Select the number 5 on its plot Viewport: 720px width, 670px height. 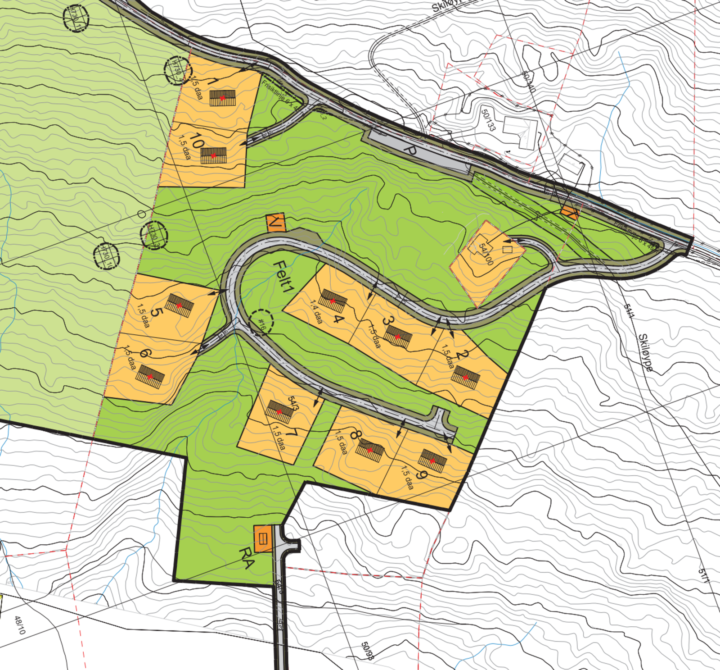click(x=157, y=312)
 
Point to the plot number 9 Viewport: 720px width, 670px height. click(x=421, y=474)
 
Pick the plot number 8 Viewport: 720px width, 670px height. click(x=355, y=435)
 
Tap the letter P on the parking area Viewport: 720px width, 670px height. click(x=409, y=150)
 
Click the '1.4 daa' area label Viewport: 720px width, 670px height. click(x=316, y=311)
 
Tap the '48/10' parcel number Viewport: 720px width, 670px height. click(x=20, y=625)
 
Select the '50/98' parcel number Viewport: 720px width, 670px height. click(x=367, y=651)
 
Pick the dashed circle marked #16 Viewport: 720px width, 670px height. click(x=261, y=322)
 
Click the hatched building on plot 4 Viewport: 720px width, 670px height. click(x=333, y=301)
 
